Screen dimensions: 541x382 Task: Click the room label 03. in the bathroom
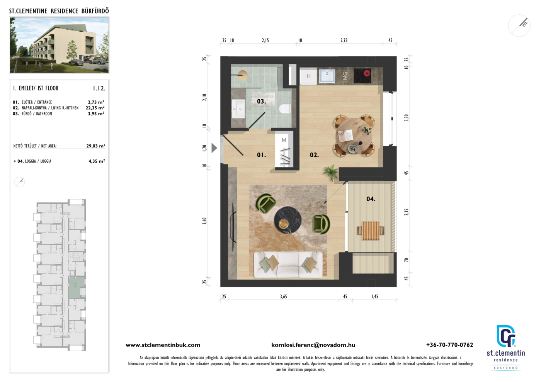(x=261, y=101)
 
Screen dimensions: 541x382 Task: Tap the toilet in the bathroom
(x=285, y=109)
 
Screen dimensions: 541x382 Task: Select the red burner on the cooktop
(x=367, y=73)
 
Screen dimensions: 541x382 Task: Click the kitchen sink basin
(x=327, y=76)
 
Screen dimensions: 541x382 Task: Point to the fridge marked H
(x=308, y=76)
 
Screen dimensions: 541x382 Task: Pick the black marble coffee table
(x=288, y=220)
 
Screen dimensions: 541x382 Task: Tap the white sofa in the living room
(x=288, y=265)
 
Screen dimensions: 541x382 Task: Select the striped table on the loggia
(x=371, y=231)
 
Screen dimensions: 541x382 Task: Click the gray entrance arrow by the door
(x=214, y=148)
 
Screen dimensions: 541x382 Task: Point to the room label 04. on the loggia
(x=371, y=199)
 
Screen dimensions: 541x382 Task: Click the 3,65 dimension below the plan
(x=284, y=296)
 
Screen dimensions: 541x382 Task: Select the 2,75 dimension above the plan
(x=344, y=40)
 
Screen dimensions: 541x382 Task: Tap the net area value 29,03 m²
(x=96, y=146)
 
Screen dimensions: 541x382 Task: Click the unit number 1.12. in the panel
(x=99, y=88)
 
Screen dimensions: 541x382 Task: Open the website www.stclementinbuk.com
(x=163, y=345)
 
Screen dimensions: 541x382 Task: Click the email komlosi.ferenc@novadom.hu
(x=313, y=345)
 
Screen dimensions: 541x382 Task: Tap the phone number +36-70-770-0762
(x=450, y=345)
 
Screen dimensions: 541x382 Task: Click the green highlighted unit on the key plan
(x=77, y=287)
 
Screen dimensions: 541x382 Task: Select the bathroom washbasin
(x=238, y=109)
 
